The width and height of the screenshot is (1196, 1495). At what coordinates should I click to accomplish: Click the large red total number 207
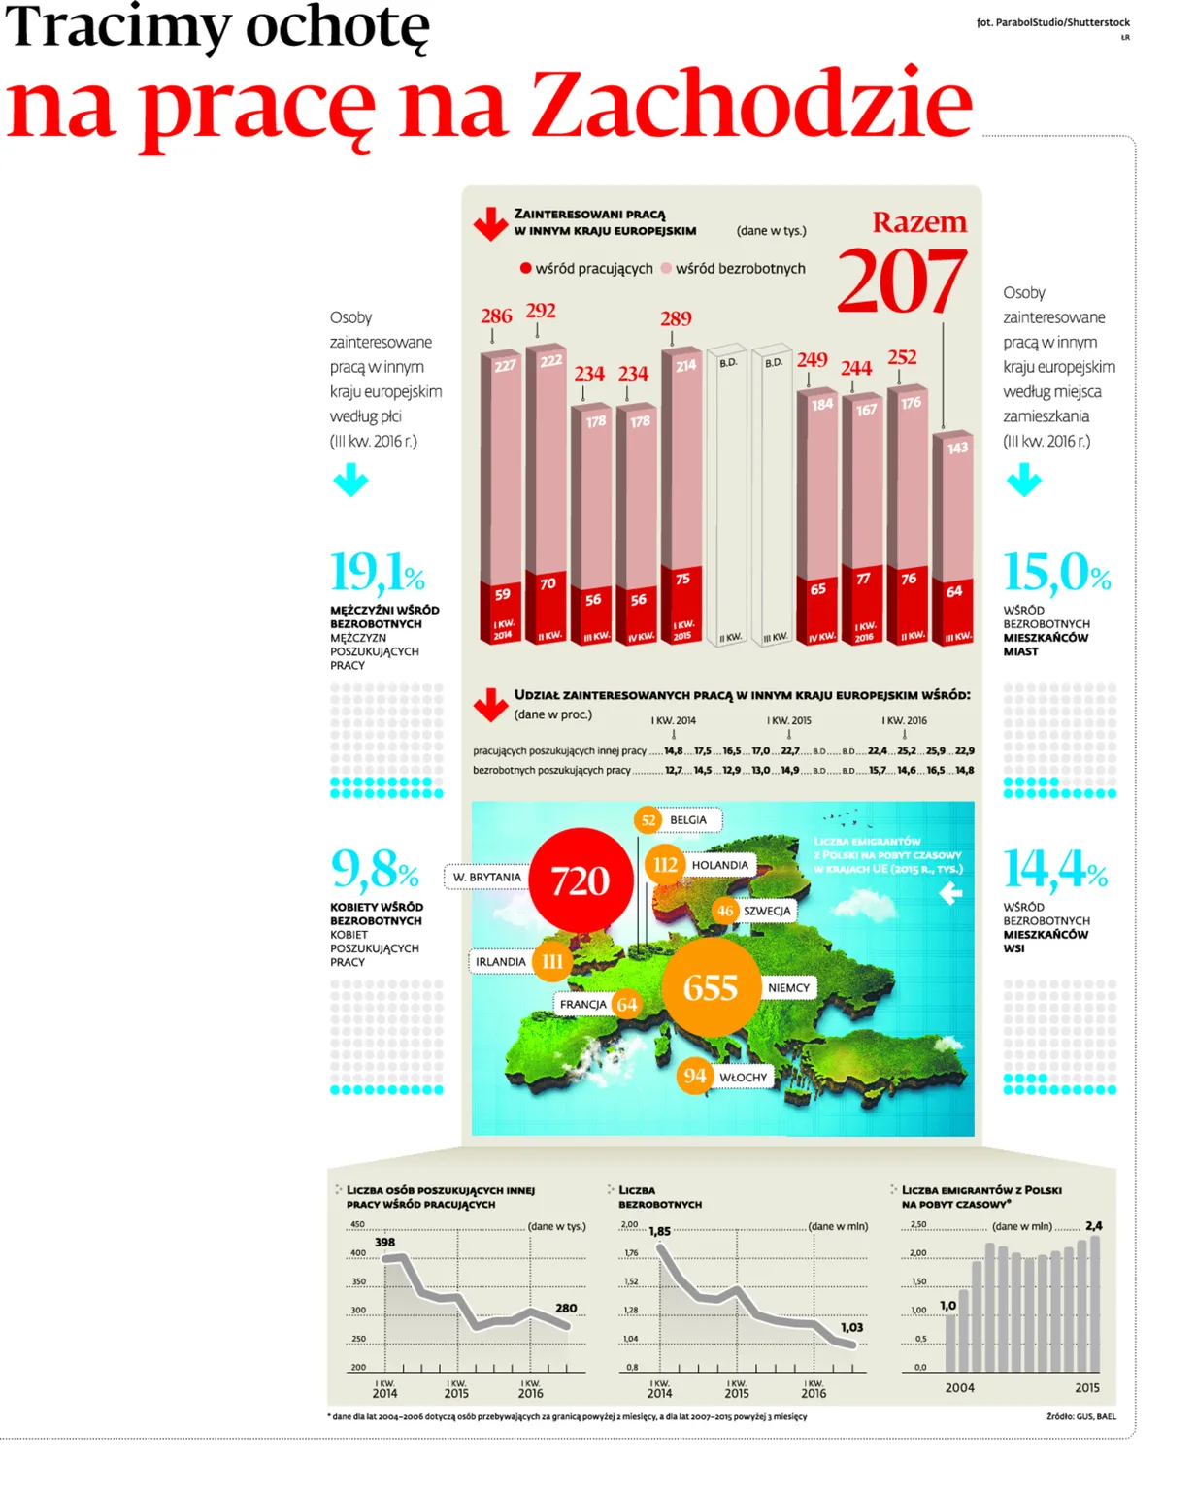click(x=901, y=282)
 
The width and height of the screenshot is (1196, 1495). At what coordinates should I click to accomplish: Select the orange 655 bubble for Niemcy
click(x=711, y=988)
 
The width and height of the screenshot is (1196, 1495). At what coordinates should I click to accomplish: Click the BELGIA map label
click(x=688, y=820)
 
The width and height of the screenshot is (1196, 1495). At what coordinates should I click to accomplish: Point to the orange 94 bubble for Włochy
click(x=694, y=1076)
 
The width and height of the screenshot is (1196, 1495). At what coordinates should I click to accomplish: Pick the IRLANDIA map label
click(x=501, y=962)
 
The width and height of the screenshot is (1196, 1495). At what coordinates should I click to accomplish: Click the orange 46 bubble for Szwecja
click(x=725, y=911)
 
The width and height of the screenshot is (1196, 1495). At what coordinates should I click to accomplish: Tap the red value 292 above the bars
click(x=541, y=311)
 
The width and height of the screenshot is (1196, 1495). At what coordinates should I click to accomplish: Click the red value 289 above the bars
click(x=676, y=318)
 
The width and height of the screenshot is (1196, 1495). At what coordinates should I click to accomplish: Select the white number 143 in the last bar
click(x=957, y=448)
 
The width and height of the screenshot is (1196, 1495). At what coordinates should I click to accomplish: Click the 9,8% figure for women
click(x=375, y=869)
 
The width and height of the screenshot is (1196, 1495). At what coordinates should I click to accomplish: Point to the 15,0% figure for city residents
click(x=1056, y=573)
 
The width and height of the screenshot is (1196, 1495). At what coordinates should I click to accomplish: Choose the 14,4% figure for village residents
click(x=1055, y=869)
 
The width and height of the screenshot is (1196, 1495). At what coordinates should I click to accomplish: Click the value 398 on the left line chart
click(x=385, y=1242)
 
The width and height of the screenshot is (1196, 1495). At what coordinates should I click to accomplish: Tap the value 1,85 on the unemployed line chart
click(x=659, y=1231)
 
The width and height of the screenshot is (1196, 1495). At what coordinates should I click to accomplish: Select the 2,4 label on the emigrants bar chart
click(x=1094, y=1226)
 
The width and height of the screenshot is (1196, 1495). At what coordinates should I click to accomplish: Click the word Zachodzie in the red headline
click(x=750, y=104)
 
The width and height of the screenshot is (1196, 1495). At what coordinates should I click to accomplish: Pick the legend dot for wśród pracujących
click(x=525, y=268)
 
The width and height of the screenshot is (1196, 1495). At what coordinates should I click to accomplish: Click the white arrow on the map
click(x=950, y=894)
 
